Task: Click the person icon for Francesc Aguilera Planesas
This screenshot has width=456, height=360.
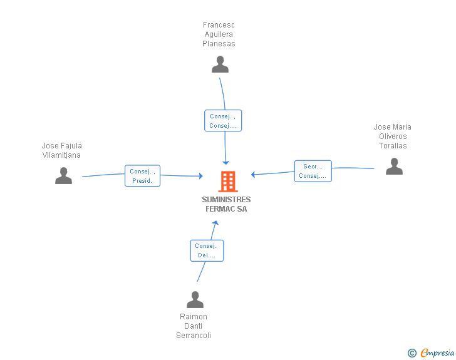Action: pyautogui.click(x=220, y=64)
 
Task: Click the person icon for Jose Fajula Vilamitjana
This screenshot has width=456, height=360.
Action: pyautogui.click(x=63, y=176)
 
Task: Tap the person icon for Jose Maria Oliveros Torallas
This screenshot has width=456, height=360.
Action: pyautogui.click(x=394, y=167)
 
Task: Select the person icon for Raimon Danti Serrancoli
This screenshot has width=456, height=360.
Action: pyautogui.click(x=195, y=300)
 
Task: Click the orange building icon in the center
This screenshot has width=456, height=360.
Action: pyautogui.click(x=227, y=182)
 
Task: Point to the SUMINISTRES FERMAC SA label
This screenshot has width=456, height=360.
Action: pyautogui.click(x=226, y=204)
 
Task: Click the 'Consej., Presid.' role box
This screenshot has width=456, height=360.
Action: pyautogui.click(x=143, y=176)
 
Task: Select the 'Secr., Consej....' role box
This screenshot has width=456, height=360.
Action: pyautogui.click(x=313, y=171)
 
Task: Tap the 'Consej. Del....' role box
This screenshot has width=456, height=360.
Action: pyautogui.click(x=207, y=250)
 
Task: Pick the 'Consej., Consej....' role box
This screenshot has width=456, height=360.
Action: pyautogui.click(x=223, y=121)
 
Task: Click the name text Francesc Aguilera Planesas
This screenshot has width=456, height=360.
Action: pyautogui.click(x=219, y=34)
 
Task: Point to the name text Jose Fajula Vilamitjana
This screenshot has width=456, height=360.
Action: pyautogui.click(x=61, y=150)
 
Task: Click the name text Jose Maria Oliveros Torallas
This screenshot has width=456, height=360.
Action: pyautogui.click(x=393, y=136)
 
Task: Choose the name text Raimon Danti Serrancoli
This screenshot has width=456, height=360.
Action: pyautogui.click(x=194, y=326)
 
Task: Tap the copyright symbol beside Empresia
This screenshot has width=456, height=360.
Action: pyautogui.click(x=412, y=353)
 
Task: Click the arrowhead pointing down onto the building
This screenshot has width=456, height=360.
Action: pyautogui.click(x=226, y=162)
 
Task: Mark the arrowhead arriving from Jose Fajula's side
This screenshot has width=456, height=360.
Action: pyautogui.click(x=200, y=177)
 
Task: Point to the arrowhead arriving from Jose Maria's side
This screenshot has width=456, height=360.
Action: pyautogui.click(x=254, y=175)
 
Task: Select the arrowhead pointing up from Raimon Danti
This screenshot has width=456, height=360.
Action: pyautogui.click(x=215, y=224)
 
